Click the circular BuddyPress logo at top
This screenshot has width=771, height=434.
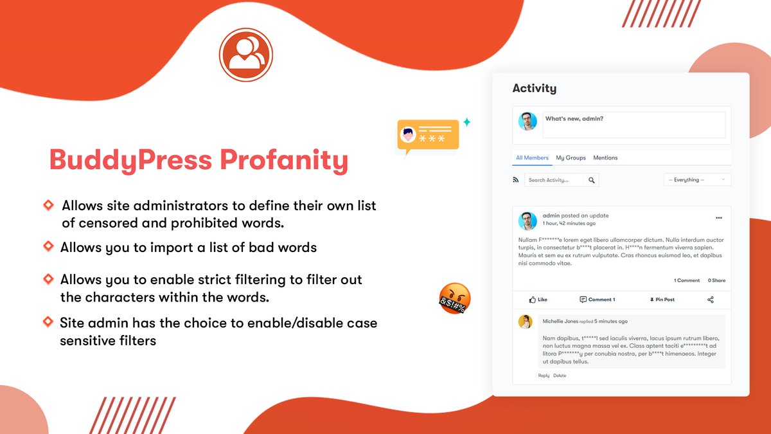pos(246,55)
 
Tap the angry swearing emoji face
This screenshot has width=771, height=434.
pos(455,298)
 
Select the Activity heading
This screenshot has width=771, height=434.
pos(534,89)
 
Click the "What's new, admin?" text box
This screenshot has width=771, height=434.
pos(634,125)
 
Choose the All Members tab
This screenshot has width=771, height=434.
pos(532,158)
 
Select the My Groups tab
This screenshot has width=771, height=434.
pos(571,158)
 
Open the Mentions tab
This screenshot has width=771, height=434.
pos(605,158)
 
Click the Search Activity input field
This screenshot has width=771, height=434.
pos(556,180)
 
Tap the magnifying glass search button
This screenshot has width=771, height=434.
pos(592,180)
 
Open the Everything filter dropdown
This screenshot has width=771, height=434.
pos(697,180)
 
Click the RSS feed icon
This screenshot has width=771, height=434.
pos(516,180)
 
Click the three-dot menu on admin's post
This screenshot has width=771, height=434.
pos(719,217)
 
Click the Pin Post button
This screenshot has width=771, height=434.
pos(662,300)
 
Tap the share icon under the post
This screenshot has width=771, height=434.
pos(711,300)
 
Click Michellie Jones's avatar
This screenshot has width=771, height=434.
pos(526,321)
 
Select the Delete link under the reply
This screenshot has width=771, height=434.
pos(560,375)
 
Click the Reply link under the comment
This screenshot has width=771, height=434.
pos(544,375)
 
